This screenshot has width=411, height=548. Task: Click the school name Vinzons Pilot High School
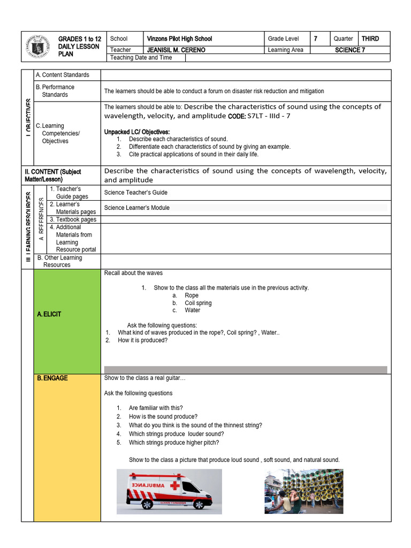point(179,39)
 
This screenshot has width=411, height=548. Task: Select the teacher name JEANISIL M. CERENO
point(176,50)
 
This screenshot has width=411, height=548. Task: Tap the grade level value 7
point(315,39)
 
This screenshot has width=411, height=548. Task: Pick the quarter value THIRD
point(370,39)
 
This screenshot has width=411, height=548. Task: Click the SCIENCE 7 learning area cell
point(350,50)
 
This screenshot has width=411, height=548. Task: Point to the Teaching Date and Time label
point(141,57)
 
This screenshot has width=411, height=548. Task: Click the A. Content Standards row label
point(62,75)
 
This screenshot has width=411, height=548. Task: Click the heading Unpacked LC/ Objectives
point(137,132)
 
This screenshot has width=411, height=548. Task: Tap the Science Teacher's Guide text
point(135,192)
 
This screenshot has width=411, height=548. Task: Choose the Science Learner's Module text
point(136,208)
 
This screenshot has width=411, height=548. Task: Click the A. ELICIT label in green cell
point(49,314)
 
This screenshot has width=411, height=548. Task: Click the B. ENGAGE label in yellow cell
point(52,378)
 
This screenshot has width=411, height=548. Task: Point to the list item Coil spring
point(198,303)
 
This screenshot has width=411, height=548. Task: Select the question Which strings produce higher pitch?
point(174,443)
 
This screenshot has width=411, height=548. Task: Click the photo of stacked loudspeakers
point(303,491)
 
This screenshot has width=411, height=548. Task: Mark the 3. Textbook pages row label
point(73,219)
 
